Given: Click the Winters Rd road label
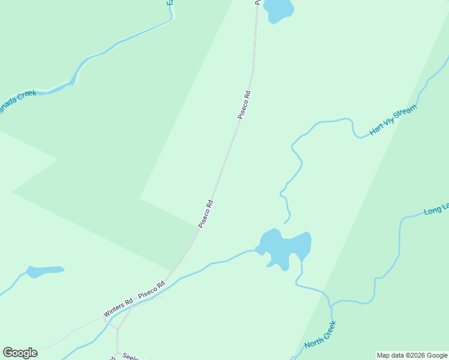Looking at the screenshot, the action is click(118, 308).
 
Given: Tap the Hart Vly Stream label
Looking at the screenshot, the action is click(393, 120).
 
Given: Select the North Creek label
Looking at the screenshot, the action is click(320, 335).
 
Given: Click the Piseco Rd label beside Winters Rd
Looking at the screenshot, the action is click(151, 291).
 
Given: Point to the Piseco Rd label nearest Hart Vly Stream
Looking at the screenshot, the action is click(244, 104).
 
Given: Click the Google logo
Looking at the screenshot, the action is click(20, 353).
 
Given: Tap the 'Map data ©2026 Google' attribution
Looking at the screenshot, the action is click(412, 355).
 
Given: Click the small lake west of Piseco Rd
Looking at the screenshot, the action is click(44, 271).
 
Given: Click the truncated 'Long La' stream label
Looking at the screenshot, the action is click(436, 209).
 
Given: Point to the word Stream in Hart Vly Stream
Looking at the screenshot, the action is click(404, 114).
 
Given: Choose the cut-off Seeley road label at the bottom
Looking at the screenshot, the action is click(131, 356).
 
